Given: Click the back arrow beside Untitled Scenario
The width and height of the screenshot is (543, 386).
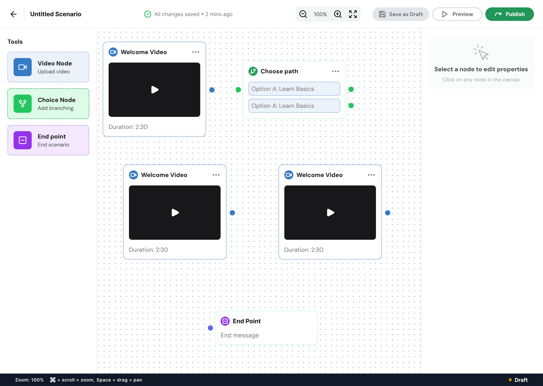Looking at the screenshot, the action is coord(14,14).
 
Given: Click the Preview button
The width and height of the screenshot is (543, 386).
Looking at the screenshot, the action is coord(457,14).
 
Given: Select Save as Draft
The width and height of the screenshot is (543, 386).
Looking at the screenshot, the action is coord(401,14).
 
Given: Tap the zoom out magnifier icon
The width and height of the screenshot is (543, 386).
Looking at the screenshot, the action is coord(303,14).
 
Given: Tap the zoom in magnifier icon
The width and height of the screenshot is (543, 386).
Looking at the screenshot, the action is coord(338,14).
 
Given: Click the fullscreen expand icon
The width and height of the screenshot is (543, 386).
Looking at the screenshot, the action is coord(353,14).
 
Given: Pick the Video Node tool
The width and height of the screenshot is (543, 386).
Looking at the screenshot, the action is coord(48,67).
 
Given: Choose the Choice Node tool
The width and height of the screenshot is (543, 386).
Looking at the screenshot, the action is coord(48,104).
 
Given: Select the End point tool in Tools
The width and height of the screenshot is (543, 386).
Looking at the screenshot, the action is coord(48,140).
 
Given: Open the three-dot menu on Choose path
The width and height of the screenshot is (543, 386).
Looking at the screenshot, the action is coord(336,71).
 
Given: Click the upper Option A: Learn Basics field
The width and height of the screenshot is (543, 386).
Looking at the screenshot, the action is coord(294,89).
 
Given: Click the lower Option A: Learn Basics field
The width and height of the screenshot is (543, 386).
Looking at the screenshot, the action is coord(294,106).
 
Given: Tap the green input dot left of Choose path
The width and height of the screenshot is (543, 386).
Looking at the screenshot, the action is coord(238,90).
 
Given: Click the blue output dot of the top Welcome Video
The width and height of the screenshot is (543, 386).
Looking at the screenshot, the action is coord(212,90).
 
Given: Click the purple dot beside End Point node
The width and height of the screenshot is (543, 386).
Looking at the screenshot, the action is coord(210,328).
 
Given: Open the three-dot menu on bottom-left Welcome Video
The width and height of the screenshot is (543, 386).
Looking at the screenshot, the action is coord(216,175).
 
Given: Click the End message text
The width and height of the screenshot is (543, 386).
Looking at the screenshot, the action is coord(240,335).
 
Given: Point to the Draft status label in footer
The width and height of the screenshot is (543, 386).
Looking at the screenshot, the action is coord(521,380).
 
